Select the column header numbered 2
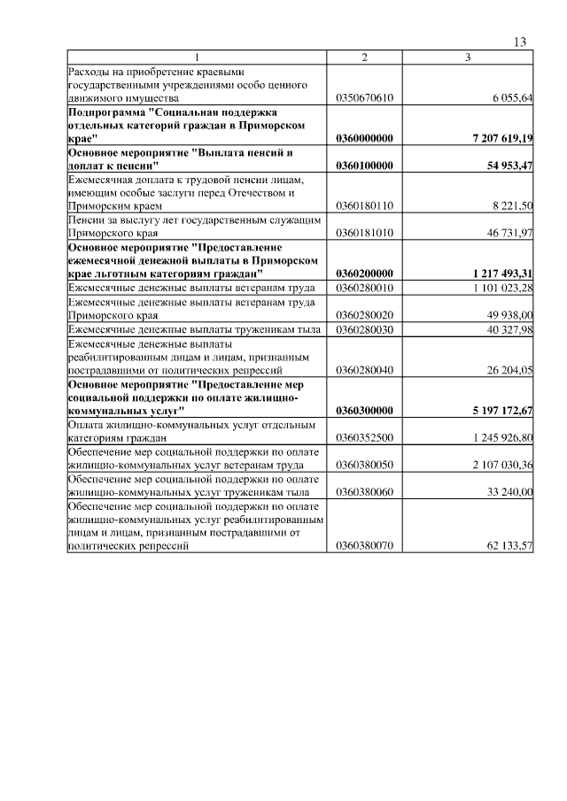(x=364, y=58)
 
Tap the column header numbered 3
(x=468, y=58)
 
